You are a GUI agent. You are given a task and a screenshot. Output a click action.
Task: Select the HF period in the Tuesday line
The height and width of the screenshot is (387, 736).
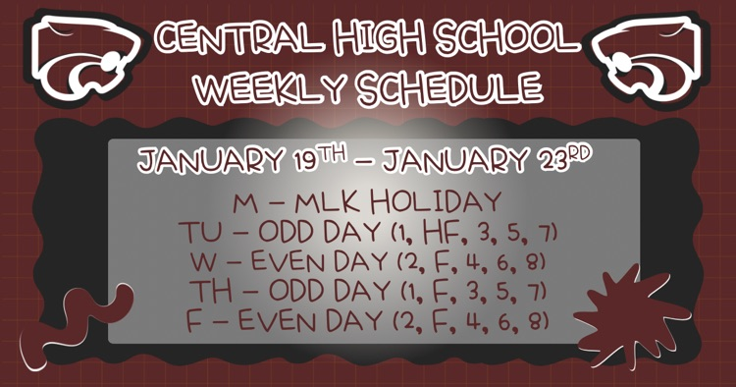437,234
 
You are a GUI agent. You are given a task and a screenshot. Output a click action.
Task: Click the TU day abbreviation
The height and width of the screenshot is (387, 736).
199,235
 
